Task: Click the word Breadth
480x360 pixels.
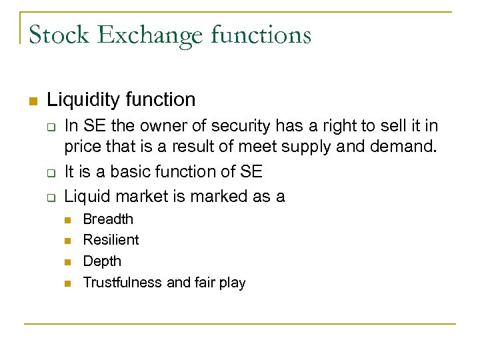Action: (108, 219)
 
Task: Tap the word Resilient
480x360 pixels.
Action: (111, 240)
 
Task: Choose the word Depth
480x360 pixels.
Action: (102, 261)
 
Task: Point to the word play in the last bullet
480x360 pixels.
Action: (232, 283)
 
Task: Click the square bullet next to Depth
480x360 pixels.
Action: (68, 262)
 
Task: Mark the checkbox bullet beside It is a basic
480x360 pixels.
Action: (49, 173)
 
